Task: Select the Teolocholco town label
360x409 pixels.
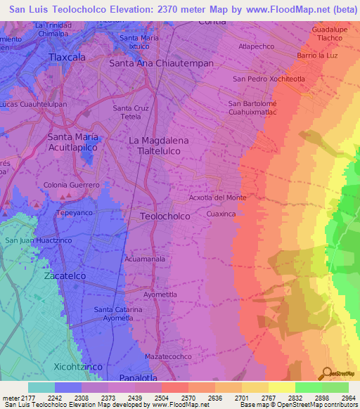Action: (165, 216)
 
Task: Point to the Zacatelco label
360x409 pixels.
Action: (65, 276)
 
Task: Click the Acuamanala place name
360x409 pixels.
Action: (145, 259)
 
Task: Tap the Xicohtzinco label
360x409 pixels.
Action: (78, 367)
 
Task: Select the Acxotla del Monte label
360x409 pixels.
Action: (218, 197)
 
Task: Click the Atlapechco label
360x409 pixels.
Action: (256, 46)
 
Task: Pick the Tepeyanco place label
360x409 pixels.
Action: (75, 212)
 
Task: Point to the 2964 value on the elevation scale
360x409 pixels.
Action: (346, 397)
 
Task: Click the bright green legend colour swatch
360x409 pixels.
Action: (308, 387)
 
